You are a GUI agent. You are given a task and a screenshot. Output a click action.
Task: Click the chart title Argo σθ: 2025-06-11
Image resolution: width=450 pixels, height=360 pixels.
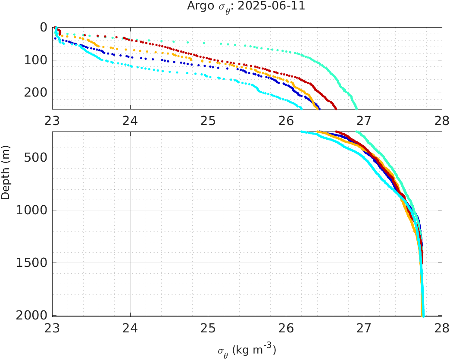[246, 7]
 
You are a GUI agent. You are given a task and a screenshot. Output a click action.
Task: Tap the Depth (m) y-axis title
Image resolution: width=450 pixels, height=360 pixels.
[6, 178]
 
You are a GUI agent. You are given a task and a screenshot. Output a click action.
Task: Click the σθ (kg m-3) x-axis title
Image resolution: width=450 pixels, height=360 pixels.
[247, 350]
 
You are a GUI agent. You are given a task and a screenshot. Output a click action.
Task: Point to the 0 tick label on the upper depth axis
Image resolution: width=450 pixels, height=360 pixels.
[43, 27]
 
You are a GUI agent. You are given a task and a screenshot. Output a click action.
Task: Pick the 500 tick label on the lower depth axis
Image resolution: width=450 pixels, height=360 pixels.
[35, 158]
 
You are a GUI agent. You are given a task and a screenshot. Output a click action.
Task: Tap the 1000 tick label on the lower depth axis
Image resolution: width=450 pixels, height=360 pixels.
[31, 210]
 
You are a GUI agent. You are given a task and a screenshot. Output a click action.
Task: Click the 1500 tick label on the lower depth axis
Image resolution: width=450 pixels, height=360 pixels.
[31, 263]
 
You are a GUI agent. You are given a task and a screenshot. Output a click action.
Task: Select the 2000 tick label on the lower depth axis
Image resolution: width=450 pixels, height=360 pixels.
[31, 315]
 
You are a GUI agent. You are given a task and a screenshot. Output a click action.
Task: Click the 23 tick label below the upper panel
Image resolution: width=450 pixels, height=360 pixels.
[52, 121]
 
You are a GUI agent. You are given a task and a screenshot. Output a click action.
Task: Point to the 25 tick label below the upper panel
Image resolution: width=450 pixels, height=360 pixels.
[208, 121]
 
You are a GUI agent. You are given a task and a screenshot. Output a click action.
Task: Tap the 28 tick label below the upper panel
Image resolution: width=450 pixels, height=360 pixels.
[441, 121]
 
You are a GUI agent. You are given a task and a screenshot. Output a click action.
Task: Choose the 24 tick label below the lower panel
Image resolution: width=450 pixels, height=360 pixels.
[130, 329]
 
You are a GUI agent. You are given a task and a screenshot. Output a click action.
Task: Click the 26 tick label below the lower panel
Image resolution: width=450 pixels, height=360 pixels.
[286, 329]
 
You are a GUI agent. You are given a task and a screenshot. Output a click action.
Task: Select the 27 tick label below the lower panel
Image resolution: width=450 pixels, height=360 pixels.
[364, 329]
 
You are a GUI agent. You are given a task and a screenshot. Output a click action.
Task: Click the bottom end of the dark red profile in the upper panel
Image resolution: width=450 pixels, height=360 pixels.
[336, 109]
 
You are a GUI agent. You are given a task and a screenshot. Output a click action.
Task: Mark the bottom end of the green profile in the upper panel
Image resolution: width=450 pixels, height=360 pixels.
[356, 108]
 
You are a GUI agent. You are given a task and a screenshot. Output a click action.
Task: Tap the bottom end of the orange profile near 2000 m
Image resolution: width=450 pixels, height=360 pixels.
[422, 316]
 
